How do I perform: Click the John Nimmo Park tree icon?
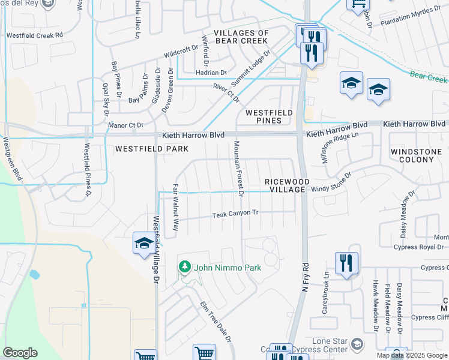tap(185, 267)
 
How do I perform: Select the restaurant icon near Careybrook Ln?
tap(346, 263)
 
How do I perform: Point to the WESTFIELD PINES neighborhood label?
tap(269, 116)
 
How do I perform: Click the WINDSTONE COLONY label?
tap(420, 156)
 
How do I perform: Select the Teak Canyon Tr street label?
tap(235, 214)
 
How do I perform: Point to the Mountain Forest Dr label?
tap(238, 169)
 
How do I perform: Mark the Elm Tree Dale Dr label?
tap(216, 322)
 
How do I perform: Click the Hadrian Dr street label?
tap(212, 73)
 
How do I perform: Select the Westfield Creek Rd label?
tap(35, 35)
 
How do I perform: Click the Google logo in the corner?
tap(20, 353)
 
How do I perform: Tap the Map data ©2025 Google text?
tap(411, 355)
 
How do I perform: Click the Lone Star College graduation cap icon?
tap(357, 344)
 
